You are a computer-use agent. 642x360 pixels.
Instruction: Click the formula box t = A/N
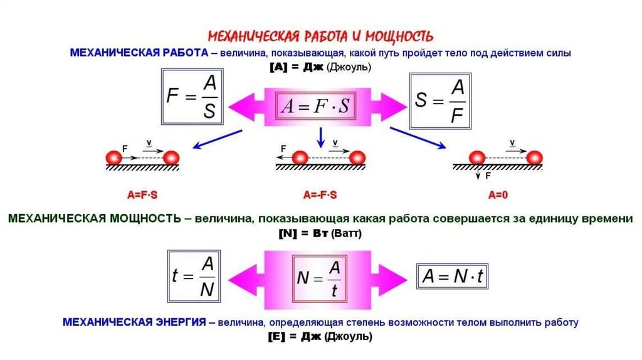point(192,276)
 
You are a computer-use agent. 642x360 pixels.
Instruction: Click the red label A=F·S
point(142,195)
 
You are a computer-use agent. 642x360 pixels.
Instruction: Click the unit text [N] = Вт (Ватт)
point(320,233)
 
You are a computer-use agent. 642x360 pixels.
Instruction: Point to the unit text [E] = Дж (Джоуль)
point(320,337)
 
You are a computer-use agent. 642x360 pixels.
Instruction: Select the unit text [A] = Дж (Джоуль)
point(320,67)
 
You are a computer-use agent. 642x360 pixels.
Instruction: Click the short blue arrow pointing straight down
point(320,136)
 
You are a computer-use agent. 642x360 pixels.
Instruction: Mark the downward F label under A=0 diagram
point(488,177)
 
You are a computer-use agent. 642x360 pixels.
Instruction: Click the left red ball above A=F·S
point(113,157)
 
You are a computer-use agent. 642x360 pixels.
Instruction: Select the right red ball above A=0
point(534,157)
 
